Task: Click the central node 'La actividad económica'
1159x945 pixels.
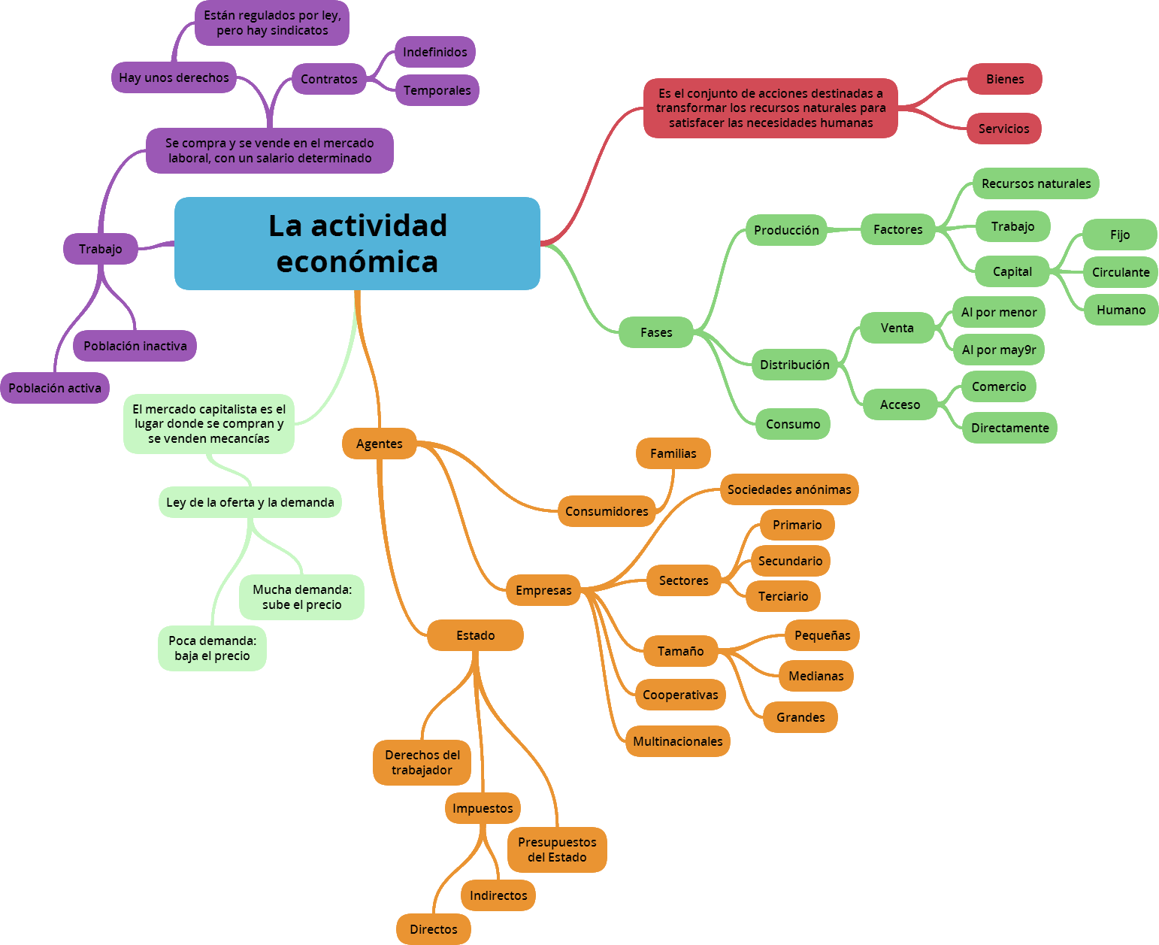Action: click(x=357, y=243)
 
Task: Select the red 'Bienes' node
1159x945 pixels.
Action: click(x=1005, y=79)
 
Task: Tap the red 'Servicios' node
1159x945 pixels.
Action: click(x=1003, y=128)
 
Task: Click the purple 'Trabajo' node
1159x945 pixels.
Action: click(x=101, y=249)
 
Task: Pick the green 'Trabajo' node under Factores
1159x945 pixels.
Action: click(x=1013, y=226)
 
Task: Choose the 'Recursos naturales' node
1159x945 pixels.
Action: click(x=1036, y=183)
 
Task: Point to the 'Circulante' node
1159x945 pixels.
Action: click(x=1121, y=271)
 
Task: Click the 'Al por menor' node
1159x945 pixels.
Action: click(x=999, y=312)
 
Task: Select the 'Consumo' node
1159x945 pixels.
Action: click(x=792, y=424)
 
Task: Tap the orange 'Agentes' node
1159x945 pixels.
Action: click(x=379, y=443)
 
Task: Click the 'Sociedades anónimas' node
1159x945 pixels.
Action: click(x=789, y=489)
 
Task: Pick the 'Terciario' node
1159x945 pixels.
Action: click(x=783, y=596)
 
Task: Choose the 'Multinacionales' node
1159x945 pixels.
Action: click(x=678, y=741)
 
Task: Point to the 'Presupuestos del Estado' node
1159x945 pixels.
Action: click(x=557, y=850)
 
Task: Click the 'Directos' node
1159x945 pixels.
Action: click(x=434, y=929)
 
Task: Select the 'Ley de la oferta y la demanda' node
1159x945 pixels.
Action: click(x=250, y=502)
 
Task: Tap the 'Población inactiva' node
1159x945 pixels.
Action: click(x=135, y=346)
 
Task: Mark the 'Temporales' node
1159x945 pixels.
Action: click(x=437, y=90)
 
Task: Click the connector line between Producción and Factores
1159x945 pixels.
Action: click(x=843, y=230)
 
